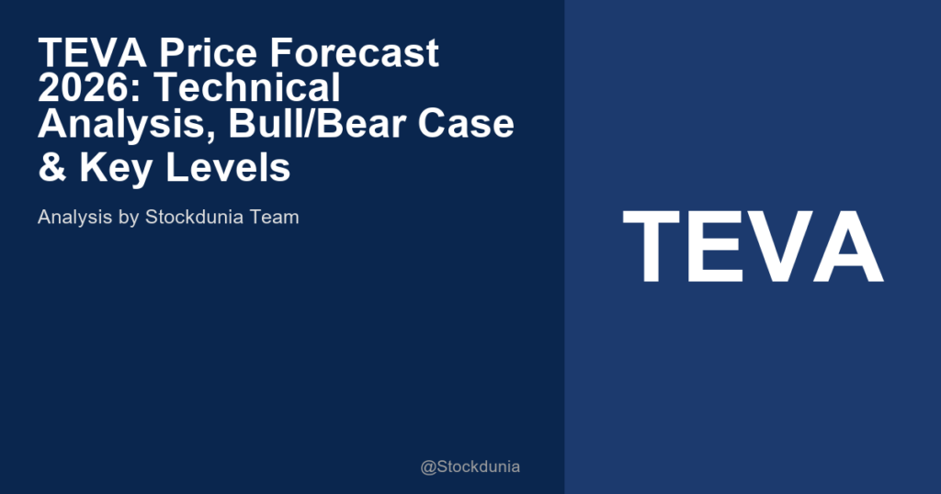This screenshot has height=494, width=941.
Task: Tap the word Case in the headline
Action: tap(469, 124)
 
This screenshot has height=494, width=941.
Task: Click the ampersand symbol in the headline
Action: tap(51, 169)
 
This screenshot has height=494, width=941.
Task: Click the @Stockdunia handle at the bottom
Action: tap(470, 466)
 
